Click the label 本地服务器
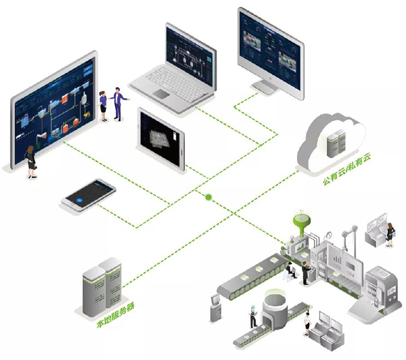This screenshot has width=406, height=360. click(x=115, y=315)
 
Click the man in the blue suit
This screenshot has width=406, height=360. click(x=118, y=103)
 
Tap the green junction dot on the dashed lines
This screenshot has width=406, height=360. click(x=208, y=198)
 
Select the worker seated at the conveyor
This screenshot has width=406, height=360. click(x=290, y=269)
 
